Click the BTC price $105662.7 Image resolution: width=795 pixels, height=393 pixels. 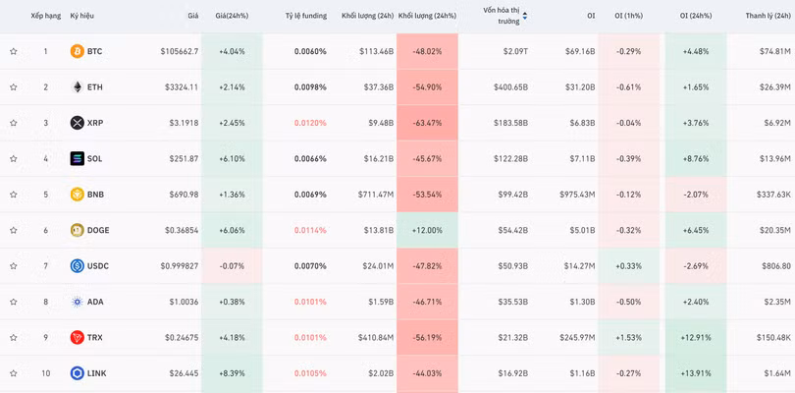(x=180, y=51)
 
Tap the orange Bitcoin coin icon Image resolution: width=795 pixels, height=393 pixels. (x=78, y=51)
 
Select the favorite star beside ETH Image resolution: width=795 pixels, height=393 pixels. (x=14, y=87)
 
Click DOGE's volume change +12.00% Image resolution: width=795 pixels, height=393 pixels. (x=427, y=230)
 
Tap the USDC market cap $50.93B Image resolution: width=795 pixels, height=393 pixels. (x=510, y=265)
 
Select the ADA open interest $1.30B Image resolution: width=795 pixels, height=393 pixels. (x=579, y=302)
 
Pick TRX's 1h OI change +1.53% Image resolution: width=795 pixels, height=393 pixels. (x=628, y=337)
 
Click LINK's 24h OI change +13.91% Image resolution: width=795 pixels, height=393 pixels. (x=695, y=373)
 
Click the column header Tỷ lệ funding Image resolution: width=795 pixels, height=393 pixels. (x=306, y=16)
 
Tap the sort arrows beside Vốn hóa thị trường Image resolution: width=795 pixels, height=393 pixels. (x=525, y=16)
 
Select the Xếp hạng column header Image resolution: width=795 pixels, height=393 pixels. (x=45, y=16)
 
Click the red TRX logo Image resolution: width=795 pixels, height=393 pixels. (x=78, y=337)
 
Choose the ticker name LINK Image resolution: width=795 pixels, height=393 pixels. (x=96, y=373)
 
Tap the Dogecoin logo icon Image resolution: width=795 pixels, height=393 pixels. (x=78, y=230)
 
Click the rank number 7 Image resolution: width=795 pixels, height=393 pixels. (x=45, y=265)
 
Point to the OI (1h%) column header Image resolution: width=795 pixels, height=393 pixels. (x=628, y=16)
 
